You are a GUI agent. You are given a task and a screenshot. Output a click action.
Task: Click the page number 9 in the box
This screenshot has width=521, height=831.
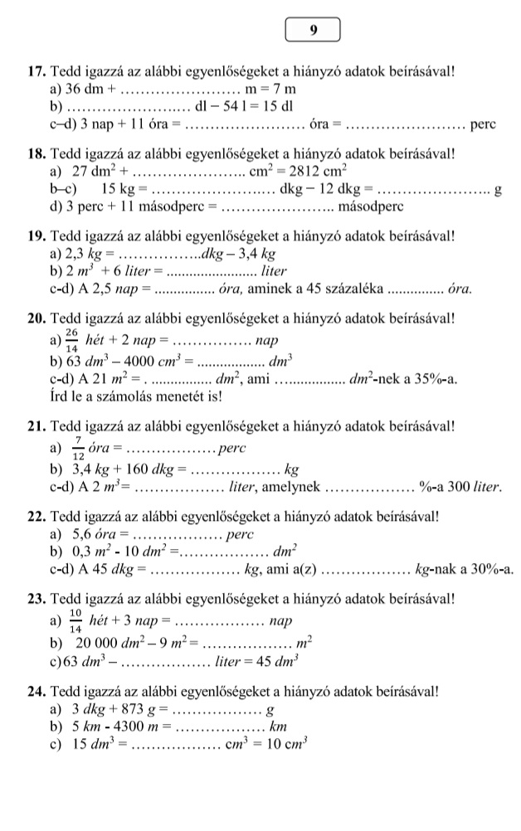pos(313,30)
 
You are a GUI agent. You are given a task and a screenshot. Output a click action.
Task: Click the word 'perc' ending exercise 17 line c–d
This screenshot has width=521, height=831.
pos(482,124)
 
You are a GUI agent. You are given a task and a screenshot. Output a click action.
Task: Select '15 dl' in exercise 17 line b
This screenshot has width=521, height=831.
pos(277,107)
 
